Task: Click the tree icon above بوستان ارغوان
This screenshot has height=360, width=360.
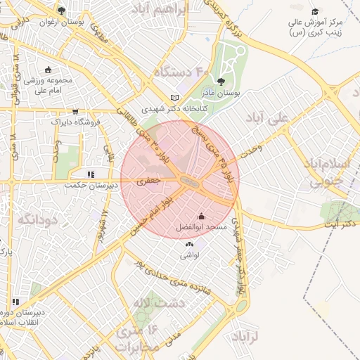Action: click(62, 11)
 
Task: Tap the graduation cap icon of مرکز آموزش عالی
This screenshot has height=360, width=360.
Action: click(315, 11)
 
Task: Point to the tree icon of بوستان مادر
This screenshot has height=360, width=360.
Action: click(222, 82)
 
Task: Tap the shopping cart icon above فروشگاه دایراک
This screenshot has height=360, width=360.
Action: click(75, 111)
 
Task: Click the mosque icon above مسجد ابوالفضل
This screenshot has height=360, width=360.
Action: click(202, 216)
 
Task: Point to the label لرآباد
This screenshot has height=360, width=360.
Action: click(245, 337)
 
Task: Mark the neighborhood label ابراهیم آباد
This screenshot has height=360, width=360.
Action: click(161, 11)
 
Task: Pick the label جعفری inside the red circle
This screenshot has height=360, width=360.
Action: click(148, 181)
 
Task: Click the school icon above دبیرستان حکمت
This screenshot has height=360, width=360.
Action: click(90, 174)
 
